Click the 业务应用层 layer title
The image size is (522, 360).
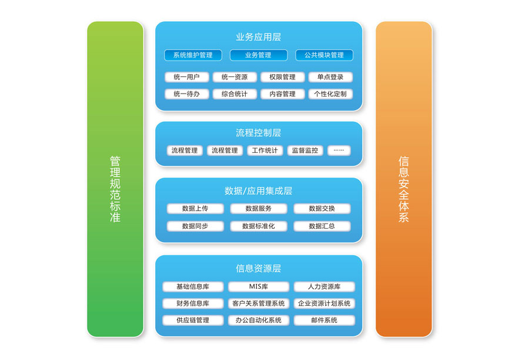(x=259, y=36)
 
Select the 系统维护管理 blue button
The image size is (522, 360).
(x=193, y=55)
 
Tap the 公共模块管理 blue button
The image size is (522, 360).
(x=324, y=55)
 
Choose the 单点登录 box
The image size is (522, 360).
(x=330, y=77)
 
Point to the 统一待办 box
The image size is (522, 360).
(x=187, y=94)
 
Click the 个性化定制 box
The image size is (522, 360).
(x=330, y=94)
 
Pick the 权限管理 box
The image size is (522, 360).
(x=282, y=77)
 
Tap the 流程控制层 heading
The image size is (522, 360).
(x=259, y=133)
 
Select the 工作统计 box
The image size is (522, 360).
(x=265, y=151)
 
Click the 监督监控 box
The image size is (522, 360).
(x=306, y=151)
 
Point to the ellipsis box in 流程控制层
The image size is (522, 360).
(x=339, y=151)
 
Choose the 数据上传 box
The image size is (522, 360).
(x=195, y=209)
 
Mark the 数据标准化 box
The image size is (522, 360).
(x=259, y=226)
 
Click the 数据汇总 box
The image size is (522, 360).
(x=322, y=226)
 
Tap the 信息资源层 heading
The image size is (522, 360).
(x=259, y=268)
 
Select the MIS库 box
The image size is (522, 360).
(x=259, y=287)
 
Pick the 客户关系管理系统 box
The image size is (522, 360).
(x=259, y=304)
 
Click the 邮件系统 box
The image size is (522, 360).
(x=324, y=321)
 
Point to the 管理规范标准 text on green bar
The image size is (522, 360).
(x=115, y=189)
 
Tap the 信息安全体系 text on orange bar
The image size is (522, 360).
(x=404, y=189)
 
